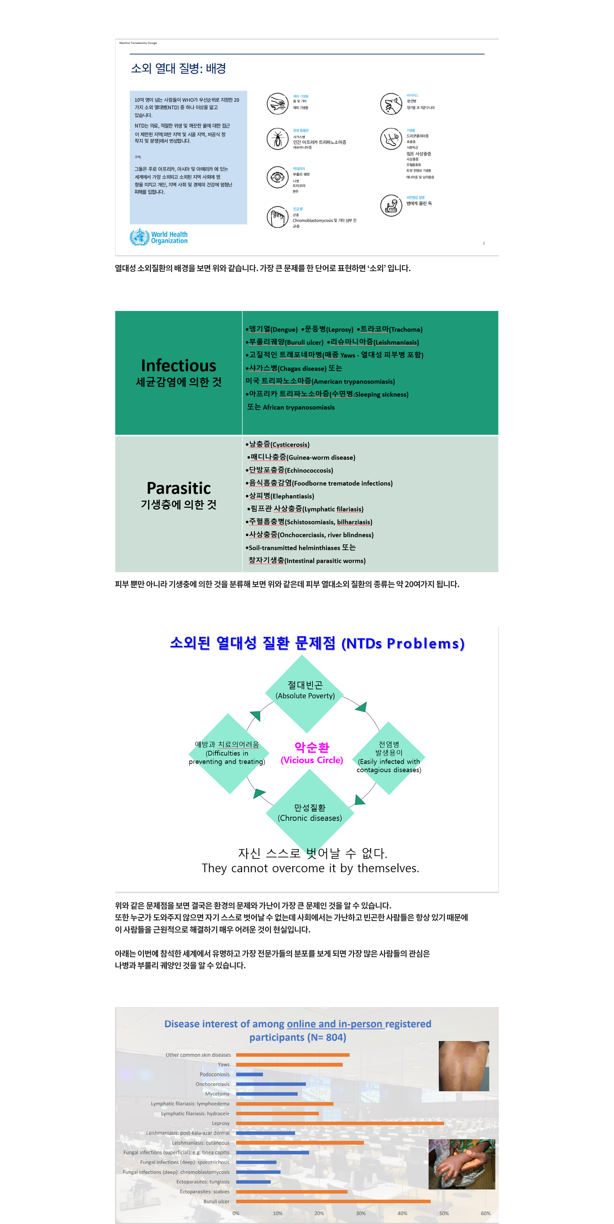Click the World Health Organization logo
(159, 237)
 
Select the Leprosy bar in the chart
(340, 1123)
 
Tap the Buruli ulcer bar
(333, 1201)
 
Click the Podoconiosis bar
(249, 1074)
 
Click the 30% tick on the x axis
(361, 1213)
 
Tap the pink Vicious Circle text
(312, 753)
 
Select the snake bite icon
(391, 205)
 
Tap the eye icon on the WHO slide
(277, 177)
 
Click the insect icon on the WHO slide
(277, 139)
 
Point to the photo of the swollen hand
(461, 1164)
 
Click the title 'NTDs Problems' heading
(317, 643)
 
